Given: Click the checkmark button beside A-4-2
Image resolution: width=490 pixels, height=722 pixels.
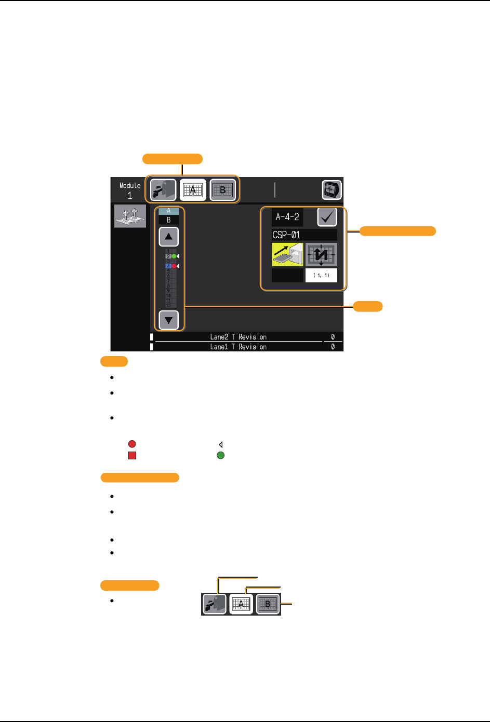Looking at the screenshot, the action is pyautogui.click(x=327, y=217).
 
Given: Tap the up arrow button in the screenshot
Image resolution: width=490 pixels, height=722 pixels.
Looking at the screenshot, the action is pyautogui.click(x=168, y=237).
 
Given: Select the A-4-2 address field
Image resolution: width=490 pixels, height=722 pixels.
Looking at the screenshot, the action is pyautogui.click(x=287, y=217).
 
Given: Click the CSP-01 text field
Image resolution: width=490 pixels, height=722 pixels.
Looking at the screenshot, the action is pyautogui.click(x=304, y=235).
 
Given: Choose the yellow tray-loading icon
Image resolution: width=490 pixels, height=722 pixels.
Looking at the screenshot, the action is pyautogui.click(x=287, y=254).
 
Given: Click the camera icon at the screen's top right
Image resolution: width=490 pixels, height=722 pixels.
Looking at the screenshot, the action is pyautogui.click(x=332, y=190).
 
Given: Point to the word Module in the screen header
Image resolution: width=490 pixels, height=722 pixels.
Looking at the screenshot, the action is pyautogui.click(x=130, y=185).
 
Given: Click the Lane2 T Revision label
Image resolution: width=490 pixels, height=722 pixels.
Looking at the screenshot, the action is pyautogui.click(x=238, y=337).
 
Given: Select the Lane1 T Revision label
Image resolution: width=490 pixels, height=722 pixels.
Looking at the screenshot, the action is pyautogui.click(x=238, y=347).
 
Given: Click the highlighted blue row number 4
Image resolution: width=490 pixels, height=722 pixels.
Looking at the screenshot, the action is pyautogui.click(x=168, y=266).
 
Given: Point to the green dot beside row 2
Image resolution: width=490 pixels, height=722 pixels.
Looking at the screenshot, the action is pyautogui.click(x=175, y=256).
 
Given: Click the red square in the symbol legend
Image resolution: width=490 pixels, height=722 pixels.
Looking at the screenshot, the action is pyautogui.click(x=132, y=456).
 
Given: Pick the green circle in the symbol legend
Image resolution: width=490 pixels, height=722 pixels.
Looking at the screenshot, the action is pyautogui.click(x=220, y=456).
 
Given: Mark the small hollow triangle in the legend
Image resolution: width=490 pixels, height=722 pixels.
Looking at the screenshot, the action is pyautogui.click(x=220, y=444).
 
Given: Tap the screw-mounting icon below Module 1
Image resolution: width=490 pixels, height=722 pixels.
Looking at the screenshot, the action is pyautogui.click(x=130, y=215).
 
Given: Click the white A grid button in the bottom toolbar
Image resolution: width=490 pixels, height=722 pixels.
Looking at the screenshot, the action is pyautogui.click(x=241, y=604).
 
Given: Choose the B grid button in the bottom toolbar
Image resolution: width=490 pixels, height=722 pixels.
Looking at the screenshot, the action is pyautogui.click(x=268, y=604).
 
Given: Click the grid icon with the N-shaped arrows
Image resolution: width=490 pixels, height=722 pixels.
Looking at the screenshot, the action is pyautogui.click(x=321, y=254).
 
